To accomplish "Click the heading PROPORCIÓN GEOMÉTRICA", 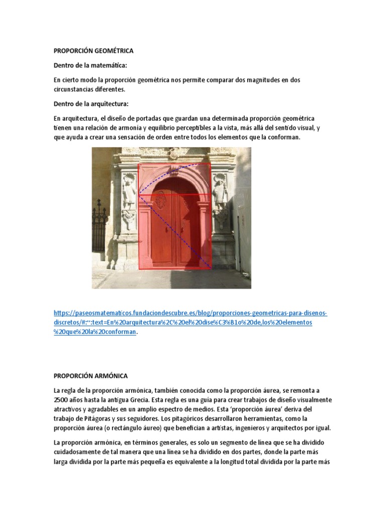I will (93, 51).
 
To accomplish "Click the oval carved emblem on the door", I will (161, 200).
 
